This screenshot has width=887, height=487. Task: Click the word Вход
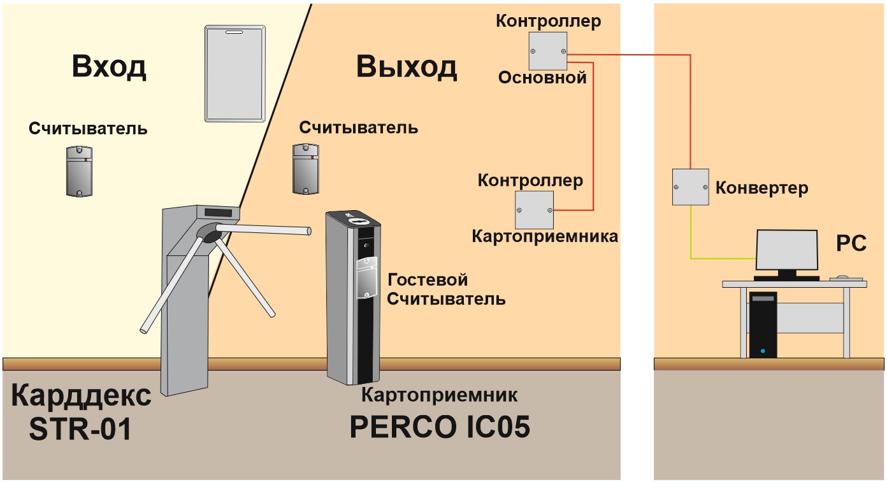(109, 67)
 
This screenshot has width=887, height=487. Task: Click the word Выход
(407, 67)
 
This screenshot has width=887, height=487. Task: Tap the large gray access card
(235, 74)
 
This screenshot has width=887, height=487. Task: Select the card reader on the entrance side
(79, 171)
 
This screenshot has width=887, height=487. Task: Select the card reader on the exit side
(306, 169)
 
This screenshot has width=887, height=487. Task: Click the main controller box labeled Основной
(548, 51)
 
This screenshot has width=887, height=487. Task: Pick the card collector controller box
(534, 210)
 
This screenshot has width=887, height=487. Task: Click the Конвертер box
(691, 187)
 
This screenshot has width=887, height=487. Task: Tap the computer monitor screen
(787, 250)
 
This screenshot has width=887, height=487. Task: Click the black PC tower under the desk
(763, 325)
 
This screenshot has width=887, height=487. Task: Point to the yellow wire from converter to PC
(691, 258)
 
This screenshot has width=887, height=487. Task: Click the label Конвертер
(762, 188)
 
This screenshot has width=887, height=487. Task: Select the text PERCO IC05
(440, 427)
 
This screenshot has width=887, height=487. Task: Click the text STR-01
(80, 429)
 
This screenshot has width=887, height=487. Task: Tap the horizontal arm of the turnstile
(263, 229)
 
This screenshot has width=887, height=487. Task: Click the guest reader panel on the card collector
(366, 278)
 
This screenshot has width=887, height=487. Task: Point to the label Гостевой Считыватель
(446, 290)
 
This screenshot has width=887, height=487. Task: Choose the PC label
(851, 243)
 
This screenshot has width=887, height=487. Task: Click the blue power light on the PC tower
(763, 351)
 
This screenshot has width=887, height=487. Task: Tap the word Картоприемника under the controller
(545, 237)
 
